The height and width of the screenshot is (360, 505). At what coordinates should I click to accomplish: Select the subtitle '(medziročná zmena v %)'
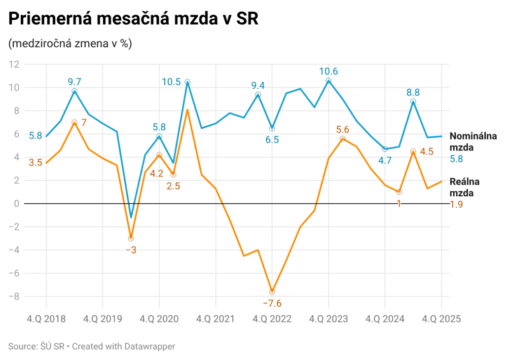(70, 44)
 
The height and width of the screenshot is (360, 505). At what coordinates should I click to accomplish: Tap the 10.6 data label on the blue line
(328, 71)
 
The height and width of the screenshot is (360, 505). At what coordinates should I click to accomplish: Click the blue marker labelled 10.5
(187, 82)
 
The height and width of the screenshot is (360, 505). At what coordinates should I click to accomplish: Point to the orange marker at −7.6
(272, 292)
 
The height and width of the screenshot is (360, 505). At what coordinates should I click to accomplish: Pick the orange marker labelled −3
(131, 238)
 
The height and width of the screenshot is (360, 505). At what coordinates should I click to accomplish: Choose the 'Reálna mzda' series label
(465, 187)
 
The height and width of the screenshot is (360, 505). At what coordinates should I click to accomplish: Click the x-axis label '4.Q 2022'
(272, 319)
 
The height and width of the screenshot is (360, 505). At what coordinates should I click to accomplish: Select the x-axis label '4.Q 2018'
(46, 319)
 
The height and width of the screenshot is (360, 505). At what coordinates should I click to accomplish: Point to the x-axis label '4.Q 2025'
(440, 319)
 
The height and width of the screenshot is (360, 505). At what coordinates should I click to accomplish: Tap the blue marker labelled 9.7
(74, 91)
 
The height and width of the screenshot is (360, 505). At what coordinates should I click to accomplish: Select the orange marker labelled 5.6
(343, 139)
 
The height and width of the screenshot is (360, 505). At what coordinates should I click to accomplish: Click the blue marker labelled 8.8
(413, 102)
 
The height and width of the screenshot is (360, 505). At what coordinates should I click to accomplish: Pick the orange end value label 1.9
(457, 204)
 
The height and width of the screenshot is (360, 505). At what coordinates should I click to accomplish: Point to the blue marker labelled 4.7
(385, 149)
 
